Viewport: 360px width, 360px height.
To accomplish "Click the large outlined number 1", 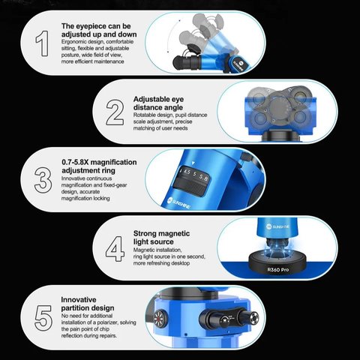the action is [43, 43].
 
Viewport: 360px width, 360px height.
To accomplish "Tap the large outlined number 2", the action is [115, 112].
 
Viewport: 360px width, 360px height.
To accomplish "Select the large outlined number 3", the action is [43, 180].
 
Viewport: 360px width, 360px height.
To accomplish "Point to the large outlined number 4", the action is [115, 249].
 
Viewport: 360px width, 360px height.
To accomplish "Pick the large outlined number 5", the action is [43, 318].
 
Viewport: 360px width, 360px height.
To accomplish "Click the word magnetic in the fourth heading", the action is [174, 233].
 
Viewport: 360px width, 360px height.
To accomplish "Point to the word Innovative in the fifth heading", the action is [79, 299].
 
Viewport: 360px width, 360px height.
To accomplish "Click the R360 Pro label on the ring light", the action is [278, 270].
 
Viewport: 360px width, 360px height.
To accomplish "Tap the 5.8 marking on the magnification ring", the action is [203, 178].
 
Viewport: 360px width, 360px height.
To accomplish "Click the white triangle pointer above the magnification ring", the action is [193, 163].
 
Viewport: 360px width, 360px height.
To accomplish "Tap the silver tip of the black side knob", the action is [253, 317].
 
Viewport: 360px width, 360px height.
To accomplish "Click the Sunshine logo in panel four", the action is [277, 226].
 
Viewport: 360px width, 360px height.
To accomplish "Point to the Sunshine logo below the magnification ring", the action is [178, 203].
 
